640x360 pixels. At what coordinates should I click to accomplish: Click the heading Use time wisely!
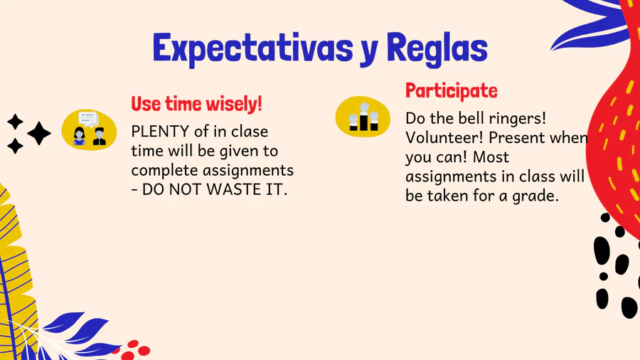click(196, 104)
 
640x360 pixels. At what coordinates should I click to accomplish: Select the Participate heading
click(451, 91)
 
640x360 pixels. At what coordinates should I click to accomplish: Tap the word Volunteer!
click(444, 138)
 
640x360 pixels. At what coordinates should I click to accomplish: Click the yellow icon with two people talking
click(89, 130)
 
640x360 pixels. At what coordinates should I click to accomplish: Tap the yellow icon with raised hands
click(363, 117)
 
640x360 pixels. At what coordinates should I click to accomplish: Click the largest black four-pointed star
click(39, 134)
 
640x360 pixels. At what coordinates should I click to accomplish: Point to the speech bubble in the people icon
click(88, 119)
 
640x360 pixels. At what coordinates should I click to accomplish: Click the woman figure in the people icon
click(79, 137)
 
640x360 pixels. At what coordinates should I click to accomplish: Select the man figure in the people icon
click(99, 137)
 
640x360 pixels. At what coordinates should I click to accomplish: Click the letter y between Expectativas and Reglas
click(369, 52)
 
